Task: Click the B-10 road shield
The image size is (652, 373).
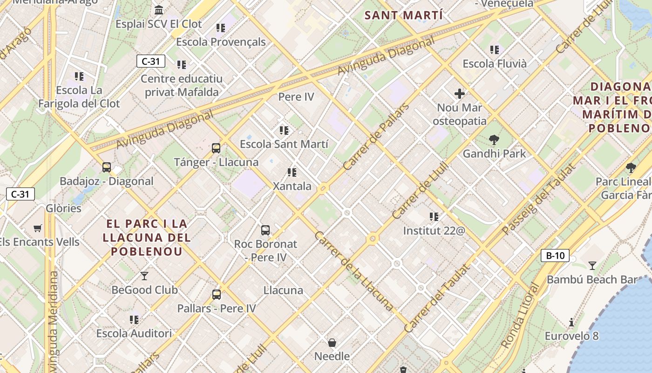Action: tap(555, 256)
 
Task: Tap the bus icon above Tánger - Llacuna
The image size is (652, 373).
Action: tap(216, 148)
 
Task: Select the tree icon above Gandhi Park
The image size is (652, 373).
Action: tap(494, 139)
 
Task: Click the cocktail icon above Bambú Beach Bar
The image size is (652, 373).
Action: tap(592, 266)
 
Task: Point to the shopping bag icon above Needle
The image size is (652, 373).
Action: tap(332, 343)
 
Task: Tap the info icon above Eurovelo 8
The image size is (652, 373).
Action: tap(571, 322)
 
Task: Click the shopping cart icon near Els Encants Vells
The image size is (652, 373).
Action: tap(38, 228)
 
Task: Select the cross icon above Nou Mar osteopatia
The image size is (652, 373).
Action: tap(460, 94)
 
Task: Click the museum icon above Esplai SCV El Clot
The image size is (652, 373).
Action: tap(159, 10)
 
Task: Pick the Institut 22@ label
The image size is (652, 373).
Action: tap(434, 230)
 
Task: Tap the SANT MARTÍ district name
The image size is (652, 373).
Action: tap(403, 15)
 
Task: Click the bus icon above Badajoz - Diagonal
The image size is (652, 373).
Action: tap(107, 167)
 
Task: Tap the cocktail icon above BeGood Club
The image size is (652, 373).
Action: tap(144, 276)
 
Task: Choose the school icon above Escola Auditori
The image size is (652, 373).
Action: tap(134, 319)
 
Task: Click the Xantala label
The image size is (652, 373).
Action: tap(292, 186)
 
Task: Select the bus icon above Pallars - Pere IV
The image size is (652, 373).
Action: tap(217, 295)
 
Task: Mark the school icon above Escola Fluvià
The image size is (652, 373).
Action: tap(495, 49)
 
